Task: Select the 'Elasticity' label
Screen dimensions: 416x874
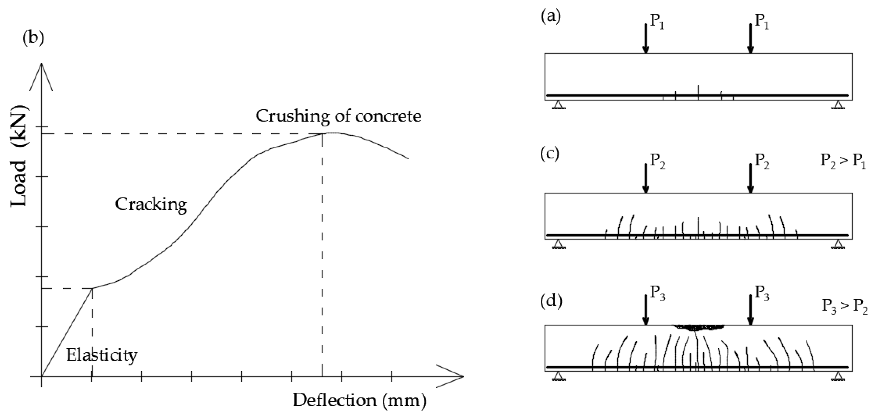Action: [x=102, y=355]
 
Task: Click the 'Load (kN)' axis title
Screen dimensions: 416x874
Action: [x=19, y=156]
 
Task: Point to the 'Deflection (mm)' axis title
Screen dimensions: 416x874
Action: [x=359, y=400]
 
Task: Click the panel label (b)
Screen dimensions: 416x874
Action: [x=33, y=38]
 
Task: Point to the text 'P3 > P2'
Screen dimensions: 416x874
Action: [x=844, y=306]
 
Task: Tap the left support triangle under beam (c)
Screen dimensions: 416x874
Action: [x=558, y=244]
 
